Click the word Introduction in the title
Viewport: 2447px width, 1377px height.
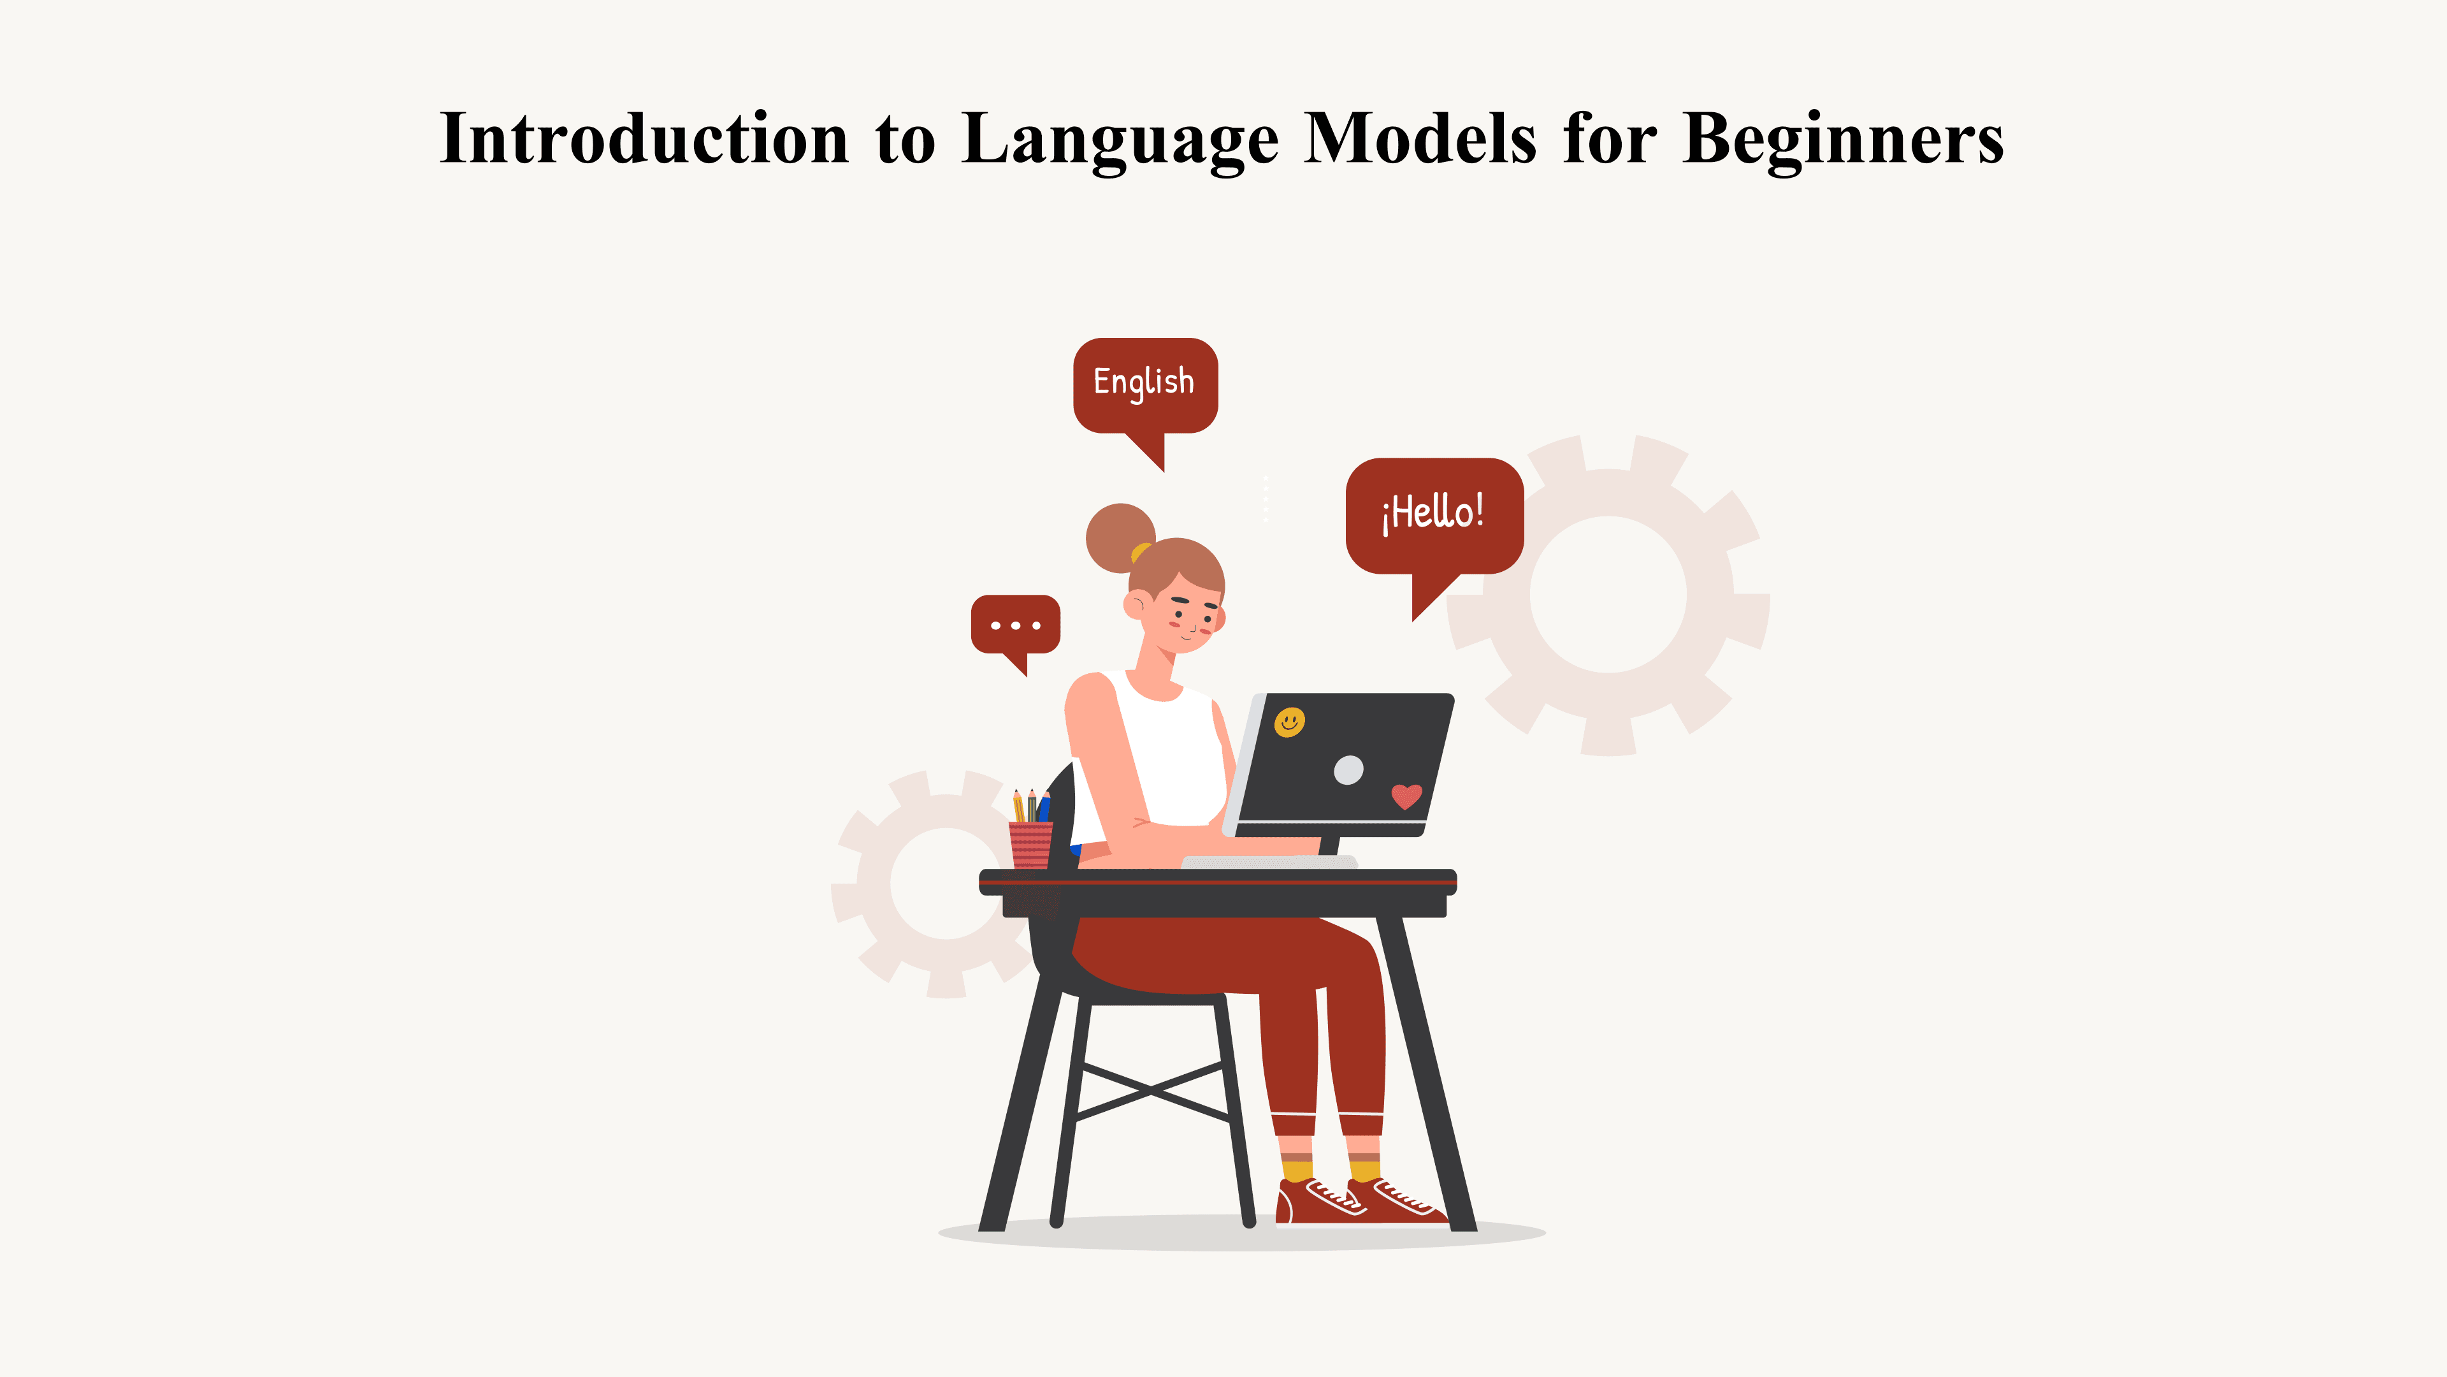click(x=644, y=139)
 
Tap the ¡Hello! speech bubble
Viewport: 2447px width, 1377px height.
click(x=1433, y=514)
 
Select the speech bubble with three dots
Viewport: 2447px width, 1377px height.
click(x=1014, y=624)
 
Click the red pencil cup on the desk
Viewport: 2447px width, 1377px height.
click(x=1030, y=845)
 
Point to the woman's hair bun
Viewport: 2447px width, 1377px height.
click(x=1118, y=537)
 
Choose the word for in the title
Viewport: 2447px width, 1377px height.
click(x=1609, y=139)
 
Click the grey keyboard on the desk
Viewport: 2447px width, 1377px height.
click(x=1268, y=861)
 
